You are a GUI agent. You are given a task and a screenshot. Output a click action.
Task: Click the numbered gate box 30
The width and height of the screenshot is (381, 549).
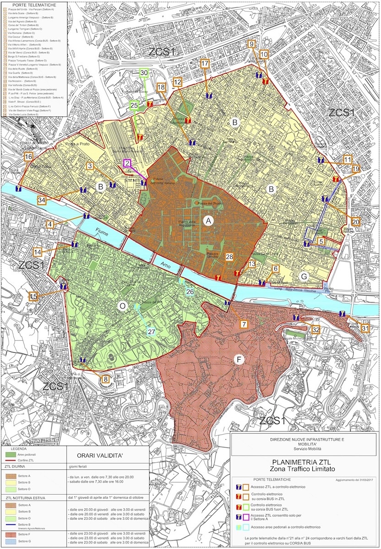tap(144, 73)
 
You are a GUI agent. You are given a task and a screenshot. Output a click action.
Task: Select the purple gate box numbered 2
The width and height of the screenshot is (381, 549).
tap(127, 163)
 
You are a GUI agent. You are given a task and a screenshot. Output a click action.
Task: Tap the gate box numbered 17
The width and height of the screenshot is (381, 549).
tap(205, 64)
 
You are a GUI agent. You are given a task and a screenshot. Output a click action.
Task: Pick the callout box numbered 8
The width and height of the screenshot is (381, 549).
tap(106, 379)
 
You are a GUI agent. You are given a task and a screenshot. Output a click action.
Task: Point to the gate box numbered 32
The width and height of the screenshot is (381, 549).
tap(315, 329)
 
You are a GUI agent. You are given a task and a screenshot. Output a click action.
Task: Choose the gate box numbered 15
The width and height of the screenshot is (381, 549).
tap(33, 297)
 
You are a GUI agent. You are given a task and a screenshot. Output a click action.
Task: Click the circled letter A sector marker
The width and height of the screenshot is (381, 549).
tap(209, 221)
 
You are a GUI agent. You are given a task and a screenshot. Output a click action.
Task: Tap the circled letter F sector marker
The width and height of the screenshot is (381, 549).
tap(238, 360)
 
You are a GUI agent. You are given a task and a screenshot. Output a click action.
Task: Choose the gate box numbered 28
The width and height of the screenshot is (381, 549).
tap(229, 257)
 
